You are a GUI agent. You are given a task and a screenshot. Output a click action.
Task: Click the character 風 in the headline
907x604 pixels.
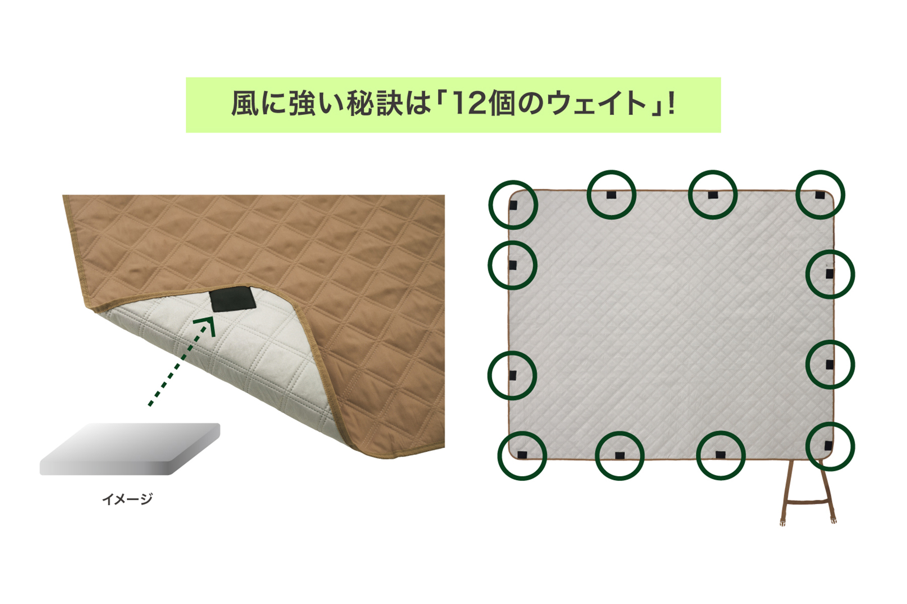pos(244,104)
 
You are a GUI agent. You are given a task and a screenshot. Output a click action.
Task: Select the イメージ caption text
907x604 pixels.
pos(127,499)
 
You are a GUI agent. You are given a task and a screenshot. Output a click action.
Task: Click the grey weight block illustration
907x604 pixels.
pos(130,449)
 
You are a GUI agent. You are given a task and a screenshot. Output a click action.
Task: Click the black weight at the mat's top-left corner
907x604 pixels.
pos(513,205)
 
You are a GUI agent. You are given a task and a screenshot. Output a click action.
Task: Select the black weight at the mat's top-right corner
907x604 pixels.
pos(820,195)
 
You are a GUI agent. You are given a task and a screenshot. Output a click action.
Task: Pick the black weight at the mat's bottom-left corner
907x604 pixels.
pos(522,455)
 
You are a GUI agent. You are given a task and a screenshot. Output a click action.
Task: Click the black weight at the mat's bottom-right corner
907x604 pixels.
pos(828,445)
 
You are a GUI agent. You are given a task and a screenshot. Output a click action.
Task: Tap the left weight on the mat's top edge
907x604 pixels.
pos(611,195)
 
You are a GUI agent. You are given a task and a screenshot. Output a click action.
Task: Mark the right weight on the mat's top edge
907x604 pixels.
pos(712,195)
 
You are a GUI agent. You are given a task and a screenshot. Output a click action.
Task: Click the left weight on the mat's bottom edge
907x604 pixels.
pos(620,456)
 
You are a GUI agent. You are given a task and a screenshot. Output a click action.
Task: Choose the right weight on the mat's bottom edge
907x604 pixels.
pos(721,455)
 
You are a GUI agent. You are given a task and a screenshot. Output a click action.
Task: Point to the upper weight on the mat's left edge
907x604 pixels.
pos(512,265)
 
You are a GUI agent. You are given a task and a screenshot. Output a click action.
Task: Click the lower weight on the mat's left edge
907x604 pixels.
pos(512,375)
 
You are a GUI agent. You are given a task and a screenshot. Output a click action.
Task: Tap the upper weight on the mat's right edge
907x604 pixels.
pos(829,274)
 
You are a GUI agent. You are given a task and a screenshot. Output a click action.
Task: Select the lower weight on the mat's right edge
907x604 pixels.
pos(829,364)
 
